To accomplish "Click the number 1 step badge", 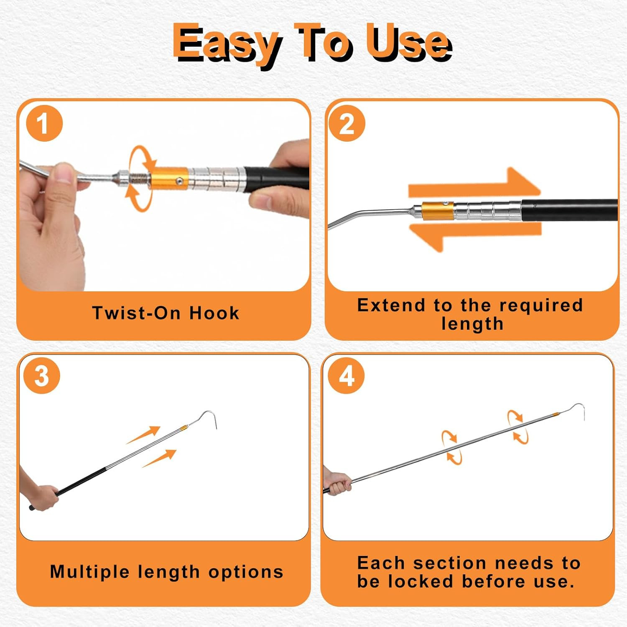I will click(x=44, y=124).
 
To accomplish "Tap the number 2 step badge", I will click(x=347, y=124).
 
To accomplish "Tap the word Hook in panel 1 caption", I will click(x=214, y=313).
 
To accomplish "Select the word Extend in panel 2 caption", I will click(x=391, y=305).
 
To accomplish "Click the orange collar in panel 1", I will click(x=167, y=179).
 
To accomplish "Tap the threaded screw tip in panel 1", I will click(x=137, y=179).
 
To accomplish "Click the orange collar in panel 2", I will click(x=437, y=211).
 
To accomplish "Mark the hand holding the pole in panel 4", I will click(x=337, y=484).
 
